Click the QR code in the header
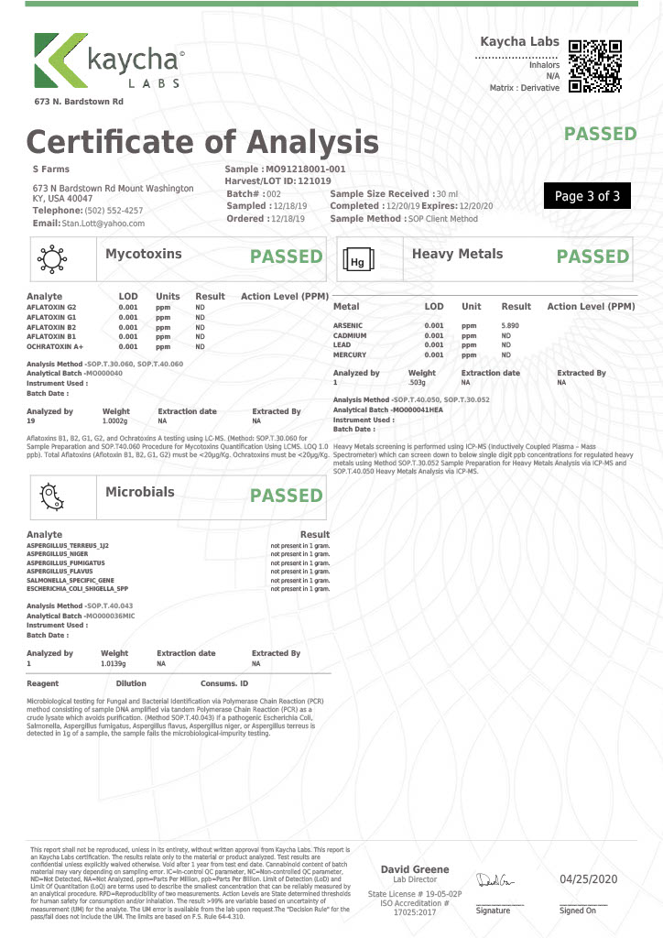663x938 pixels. tap(595, 66)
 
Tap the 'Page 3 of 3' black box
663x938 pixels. tap(587, 196)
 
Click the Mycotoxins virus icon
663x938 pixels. tap(49, 260)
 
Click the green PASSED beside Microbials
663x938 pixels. tap(287, 496)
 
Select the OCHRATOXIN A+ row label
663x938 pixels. tap(57, 347)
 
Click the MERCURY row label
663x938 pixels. tap(350, 354)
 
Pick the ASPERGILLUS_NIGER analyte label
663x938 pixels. tap(58, 554)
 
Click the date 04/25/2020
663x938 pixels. tap(589, 879)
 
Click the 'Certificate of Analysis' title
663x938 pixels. tap(202, 142)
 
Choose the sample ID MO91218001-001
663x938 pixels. tap(305, 169)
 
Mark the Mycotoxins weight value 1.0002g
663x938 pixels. tap(115, 421)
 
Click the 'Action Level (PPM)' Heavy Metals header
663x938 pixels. tap(591, 306)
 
